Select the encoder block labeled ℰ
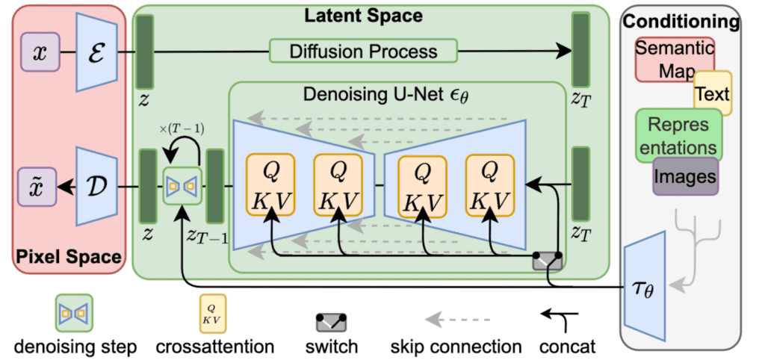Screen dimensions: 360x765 click(x=96, y=52)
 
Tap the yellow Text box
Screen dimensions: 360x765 click(x=712, y=94)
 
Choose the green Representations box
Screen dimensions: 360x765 click(x=678, y=134)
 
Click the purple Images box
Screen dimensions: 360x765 click(x=685, y=176)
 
